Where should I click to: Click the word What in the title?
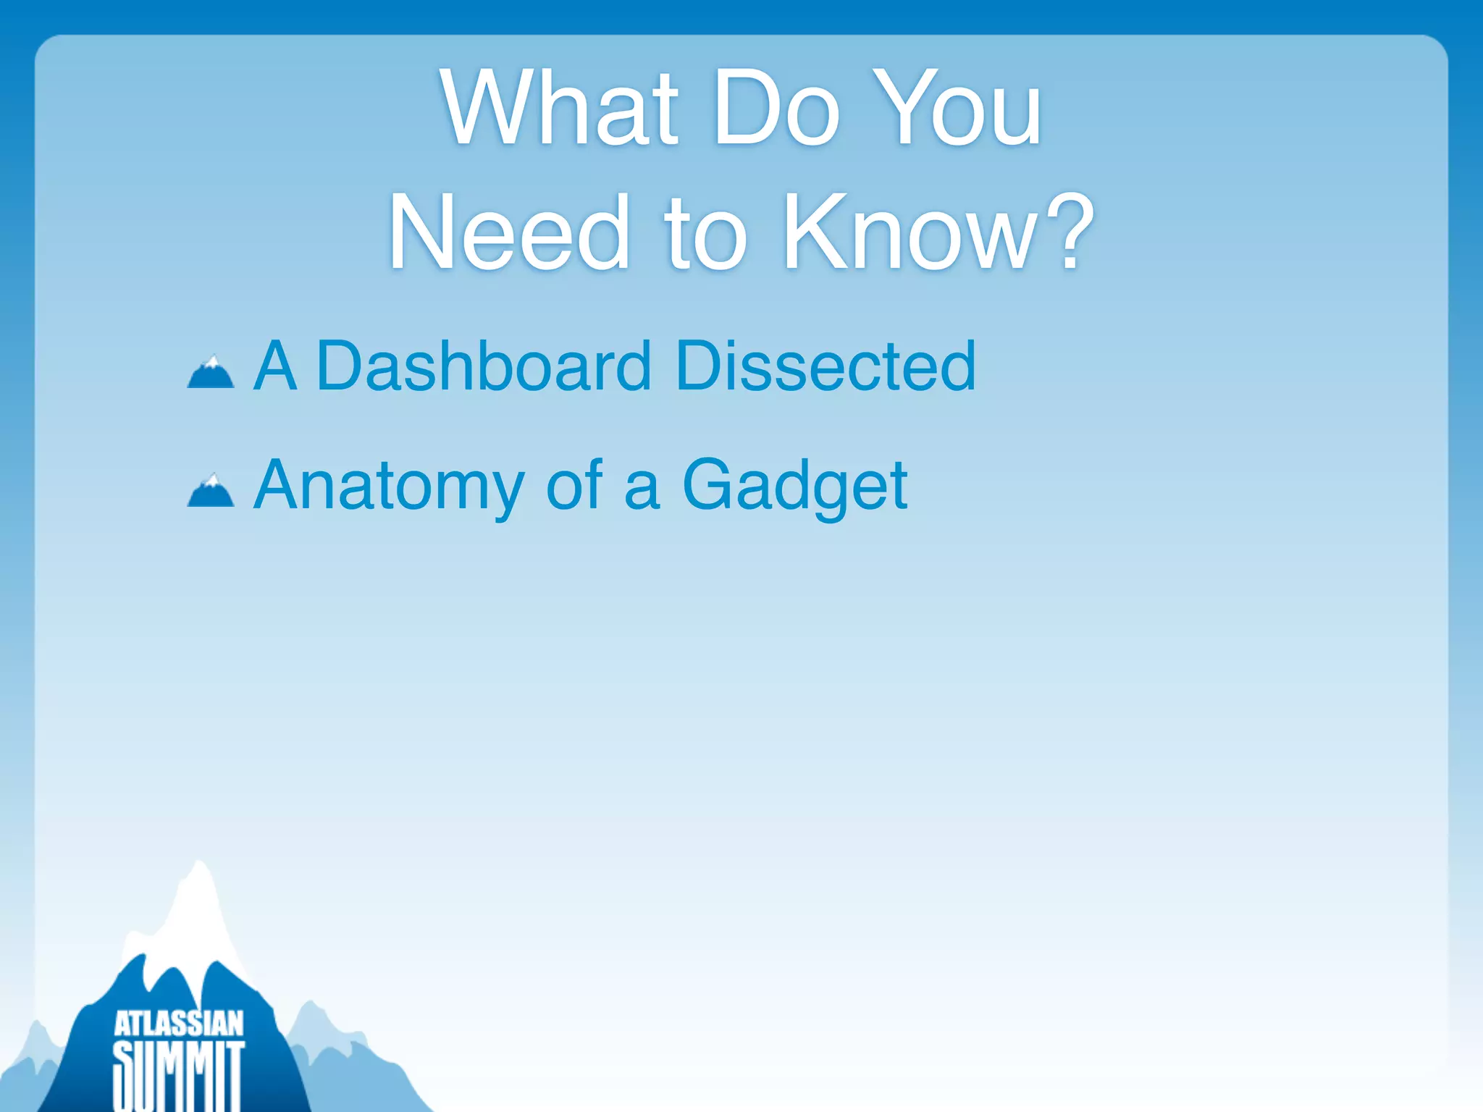[559, 109]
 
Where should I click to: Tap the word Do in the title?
[776, 109]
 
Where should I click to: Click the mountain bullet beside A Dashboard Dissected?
[211, 373]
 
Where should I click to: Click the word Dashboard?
[484, 366]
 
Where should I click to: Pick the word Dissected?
[825, 366]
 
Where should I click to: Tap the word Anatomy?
[390, 486]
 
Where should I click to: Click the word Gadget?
[794, 486]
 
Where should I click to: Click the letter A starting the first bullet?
[275, 366]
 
